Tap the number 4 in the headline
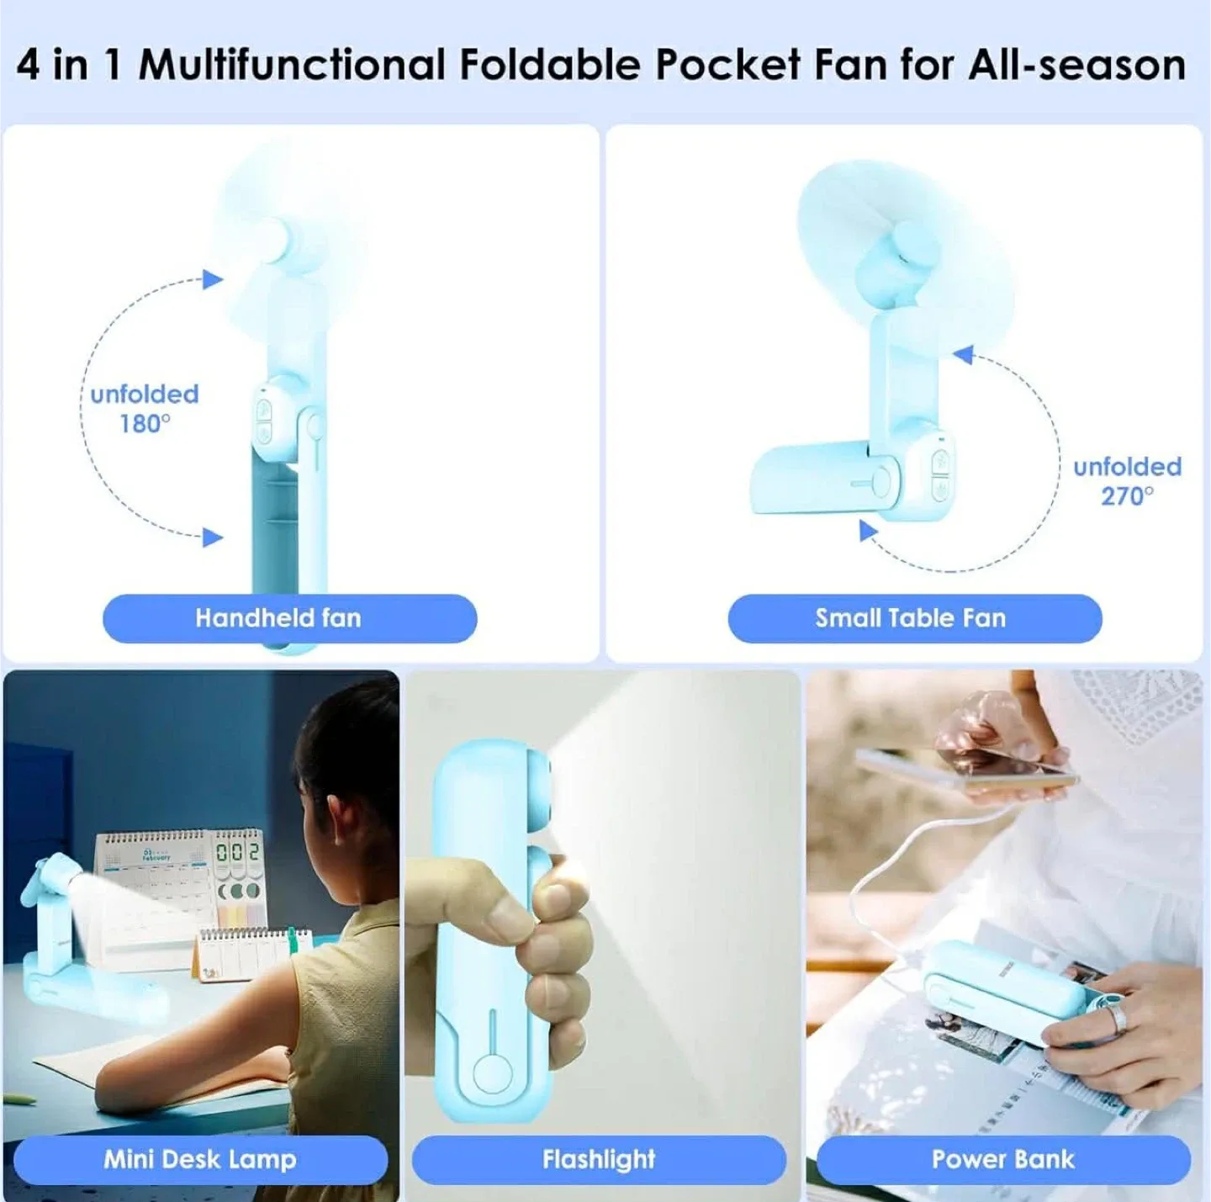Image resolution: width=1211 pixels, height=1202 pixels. tap(28, 65)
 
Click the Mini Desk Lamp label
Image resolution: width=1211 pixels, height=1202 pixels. tap(200, 1159)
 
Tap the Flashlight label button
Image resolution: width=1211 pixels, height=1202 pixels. tap(598, 1159)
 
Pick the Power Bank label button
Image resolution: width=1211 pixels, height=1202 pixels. tap(1002, 1159)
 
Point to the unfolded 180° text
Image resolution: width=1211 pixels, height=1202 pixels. tap(145, 409)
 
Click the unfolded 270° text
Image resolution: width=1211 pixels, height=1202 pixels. tap(1127, 481)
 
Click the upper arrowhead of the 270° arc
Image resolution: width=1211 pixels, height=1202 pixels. tap(964, 355)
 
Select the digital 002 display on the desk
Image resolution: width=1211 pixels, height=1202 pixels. tap(238, 852)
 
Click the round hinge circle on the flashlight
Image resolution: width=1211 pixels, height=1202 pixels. tap(493, 1074)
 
